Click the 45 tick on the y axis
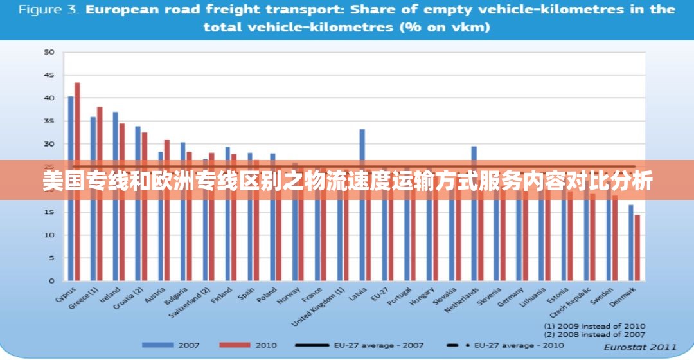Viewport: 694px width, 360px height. [x=49, y=75]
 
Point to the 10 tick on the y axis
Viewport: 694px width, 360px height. [x=49, y=235]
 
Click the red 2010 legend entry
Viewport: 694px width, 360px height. [x=247, y=345]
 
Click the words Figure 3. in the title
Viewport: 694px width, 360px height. [x=48, y=10]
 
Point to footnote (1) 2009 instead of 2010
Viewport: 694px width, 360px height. [x=594, y=326]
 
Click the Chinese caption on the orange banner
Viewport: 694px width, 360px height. [x=347, y=181]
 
